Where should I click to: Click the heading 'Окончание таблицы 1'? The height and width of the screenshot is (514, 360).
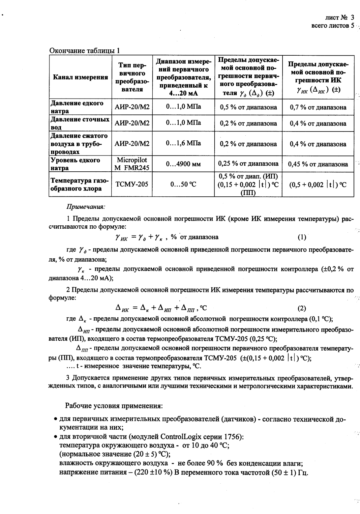84,51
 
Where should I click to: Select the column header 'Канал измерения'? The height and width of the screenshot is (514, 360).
80,77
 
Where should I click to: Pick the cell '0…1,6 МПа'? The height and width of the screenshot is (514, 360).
183,143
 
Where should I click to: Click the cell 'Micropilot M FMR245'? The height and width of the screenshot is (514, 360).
132,164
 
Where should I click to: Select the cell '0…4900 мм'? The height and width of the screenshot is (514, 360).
183,164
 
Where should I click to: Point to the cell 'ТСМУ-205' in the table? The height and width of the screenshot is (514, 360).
132,184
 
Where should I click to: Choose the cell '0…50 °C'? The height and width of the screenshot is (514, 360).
183,185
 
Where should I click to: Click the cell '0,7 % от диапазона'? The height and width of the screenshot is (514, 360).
318,107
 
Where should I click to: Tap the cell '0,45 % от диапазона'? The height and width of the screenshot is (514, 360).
318,164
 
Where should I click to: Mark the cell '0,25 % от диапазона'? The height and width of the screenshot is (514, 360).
248,164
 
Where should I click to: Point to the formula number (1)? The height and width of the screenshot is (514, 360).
302,237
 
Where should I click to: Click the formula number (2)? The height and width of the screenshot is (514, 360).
302,308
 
